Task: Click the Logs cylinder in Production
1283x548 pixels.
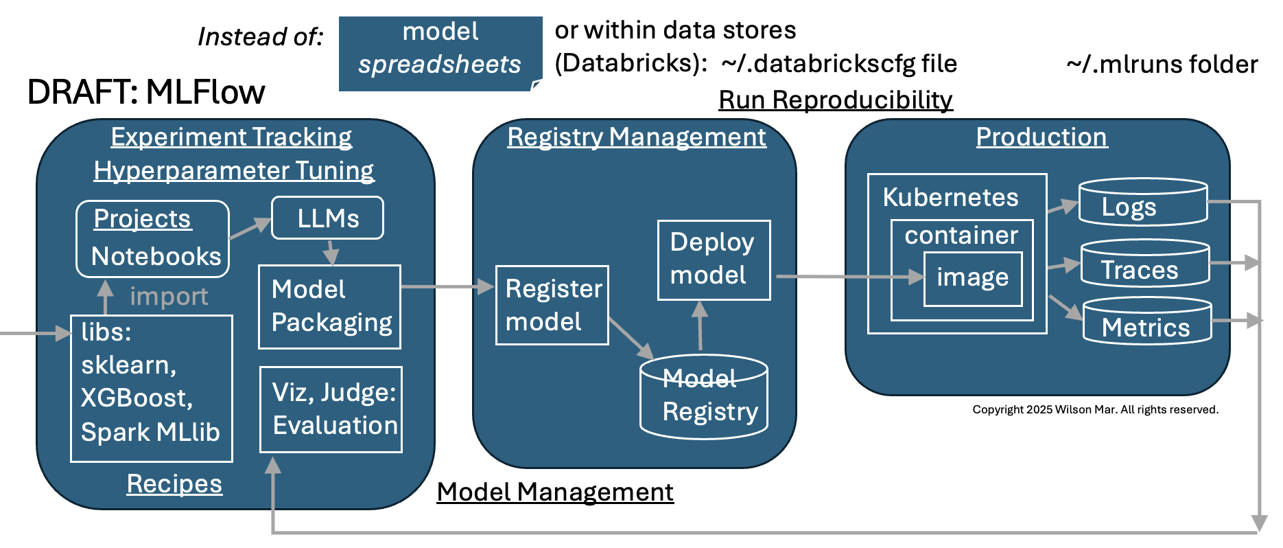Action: pos(1142,203)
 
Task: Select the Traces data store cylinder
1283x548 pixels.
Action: pos(1144,264)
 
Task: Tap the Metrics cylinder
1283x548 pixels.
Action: pos(1146,321)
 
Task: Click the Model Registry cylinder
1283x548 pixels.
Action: pos(703,397)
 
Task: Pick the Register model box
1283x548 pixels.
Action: pos(552,305)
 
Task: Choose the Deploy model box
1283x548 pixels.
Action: pos(714,260)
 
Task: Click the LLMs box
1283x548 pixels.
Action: pos(327,218)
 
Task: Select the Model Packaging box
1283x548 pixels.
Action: pos(329,306)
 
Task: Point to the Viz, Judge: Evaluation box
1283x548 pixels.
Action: pos(331,409)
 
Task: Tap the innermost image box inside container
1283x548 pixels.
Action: pos(973,278)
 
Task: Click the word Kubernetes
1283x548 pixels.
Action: pos(950,198)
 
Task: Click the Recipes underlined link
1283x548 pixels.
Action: pos(174,483)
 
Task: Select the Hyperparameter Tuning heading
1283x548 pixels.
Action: pos(233,170)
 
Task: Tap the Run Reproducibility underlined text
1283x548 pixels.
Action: pos(835,100)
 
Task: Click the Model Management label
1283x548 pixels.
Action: pos(555,492)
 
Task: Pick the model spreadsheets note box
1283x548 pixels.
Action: pos(440,54)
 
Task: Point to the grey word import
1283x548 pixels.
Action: pos(169,296)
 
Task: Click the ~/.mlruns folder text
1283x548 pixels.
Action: pos(1162,65)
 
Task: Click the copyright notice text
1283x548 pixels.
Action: pos(1095,409)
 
